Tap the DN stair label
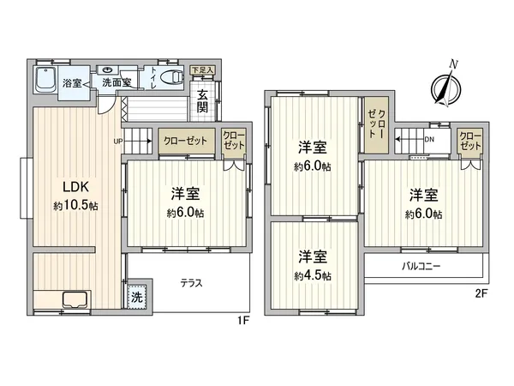click(x=429, y=139)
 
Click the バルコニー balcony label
click(x=421, y=267)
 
